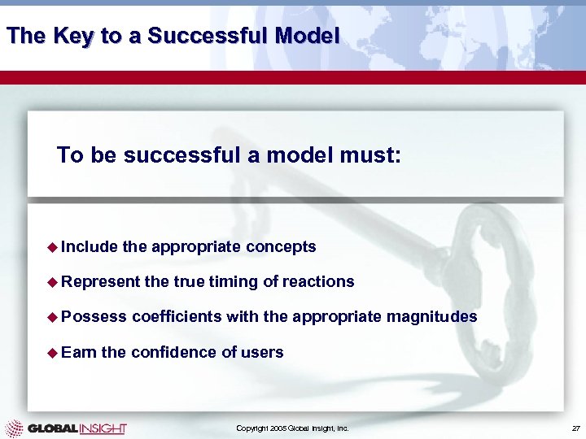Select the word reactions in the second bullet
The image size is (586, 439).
coord(318,281)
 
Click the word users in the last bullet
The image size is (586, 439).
coord(264,352)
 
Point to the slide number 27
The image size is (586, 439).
coord(575,428)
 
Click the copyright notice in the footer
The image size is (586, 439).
coord(292,428)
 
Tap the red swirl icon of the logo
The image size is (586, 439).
coord(14,428)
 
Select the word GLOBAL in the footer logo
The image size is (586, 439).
coord(52,428)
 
